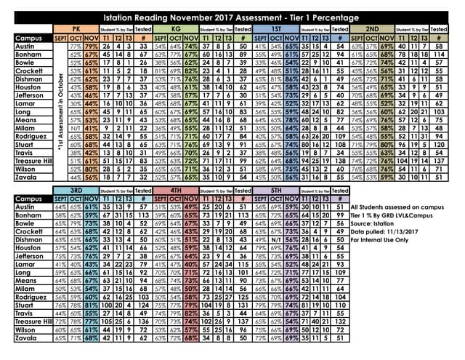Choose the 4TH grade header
point(177,189)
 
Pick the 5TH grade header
point(277,189)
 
